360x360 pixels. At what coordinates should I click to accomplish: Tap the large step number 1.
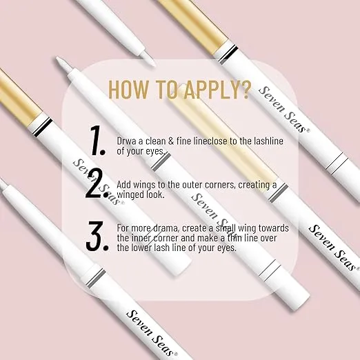pyautogui.click(x=97, y=141)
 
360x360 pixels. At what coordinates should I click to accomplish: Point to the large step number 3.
pyautogui.click(x=97, y=236)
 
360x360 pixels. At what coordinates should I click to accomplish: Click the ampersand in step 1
pyautogui.click(x=171, y=141)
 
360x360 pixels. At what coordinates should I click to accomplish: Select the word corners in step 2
pyautogui.click(x=220, y=185)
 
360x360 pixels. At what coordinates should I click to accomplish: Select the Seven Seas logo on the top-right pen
pyautogui.click(x=284, y=110)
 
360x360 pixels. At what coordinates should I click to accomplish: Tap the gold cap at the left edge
pyautogui.click(x=19, y=98)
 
